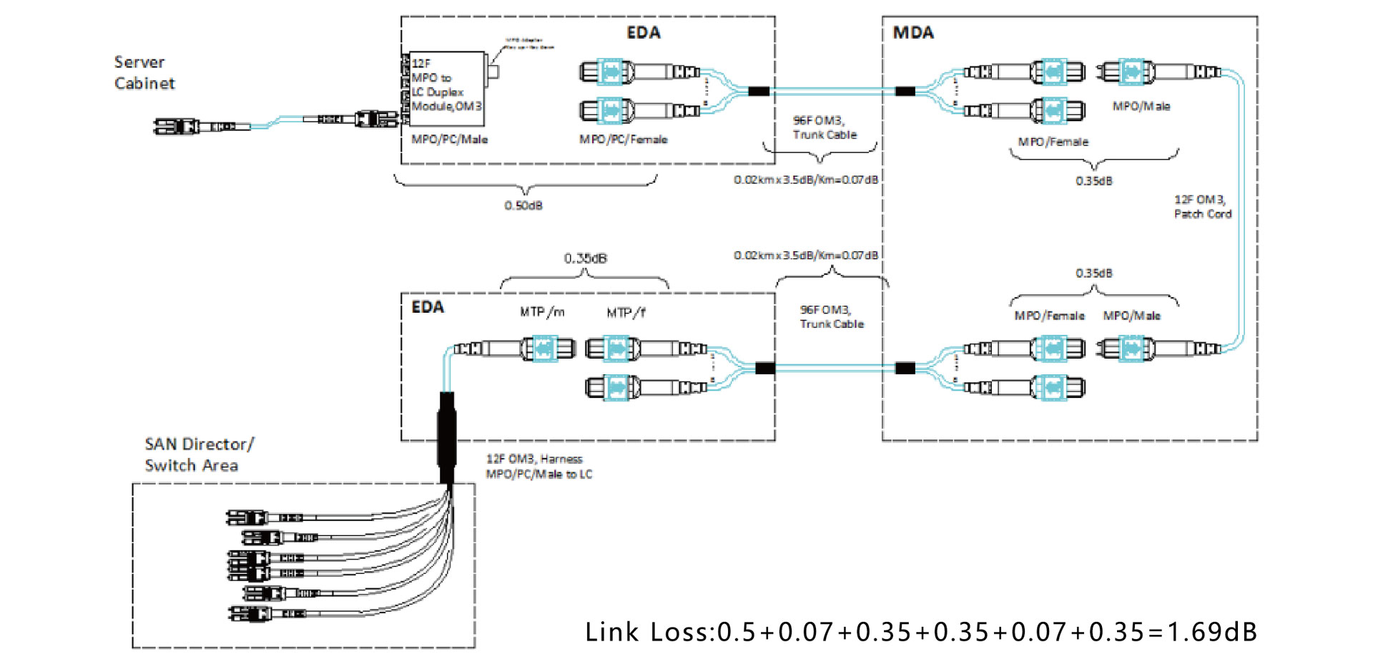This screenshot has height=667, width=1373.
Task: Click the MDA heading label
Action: (x=913, y=33)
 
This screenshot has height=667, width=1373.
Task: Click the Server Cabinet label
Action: (x=144, y=72)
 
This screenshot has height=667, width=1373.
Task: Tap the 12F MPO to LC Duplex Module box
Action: (x=447, y=85)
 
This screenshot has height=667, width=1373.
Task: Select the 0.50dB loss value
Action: (x=523, y=205)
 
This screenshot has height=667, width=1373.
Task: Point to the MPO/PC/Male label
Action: (x=449, y=139)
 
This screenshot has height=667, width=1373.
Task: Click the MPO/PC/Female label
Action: (x=623, y=139)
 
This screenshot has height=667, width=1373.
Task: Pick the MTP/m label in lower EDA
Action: (x=542, y=312)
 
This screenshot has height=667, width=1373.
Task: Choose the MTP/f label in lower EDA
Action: (x=626, y=312)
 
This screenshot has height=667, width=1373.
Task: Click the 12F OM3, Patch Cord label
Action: (x=1202, y=206)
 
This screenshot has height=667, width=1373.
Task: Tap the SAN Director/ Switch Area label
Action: (x=198, y=454)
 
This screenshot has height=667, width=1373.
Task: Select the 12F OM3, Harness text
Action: (x=534, y=459)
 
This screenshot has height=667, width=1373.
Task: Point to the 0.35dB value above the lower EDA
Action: (x=585, y=258)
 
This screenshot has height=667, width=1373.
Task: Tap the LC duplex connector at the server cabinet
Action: (x=176, y=127)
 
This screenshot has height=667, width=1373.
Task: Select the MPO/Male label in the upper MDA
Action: (x=1141, y=106)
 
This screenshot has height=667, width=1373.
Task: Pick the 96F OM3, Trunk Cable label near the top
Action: (x=824, y=127)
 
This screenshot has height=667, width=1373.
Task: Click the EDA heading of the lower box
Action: (x=428, y=307)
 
